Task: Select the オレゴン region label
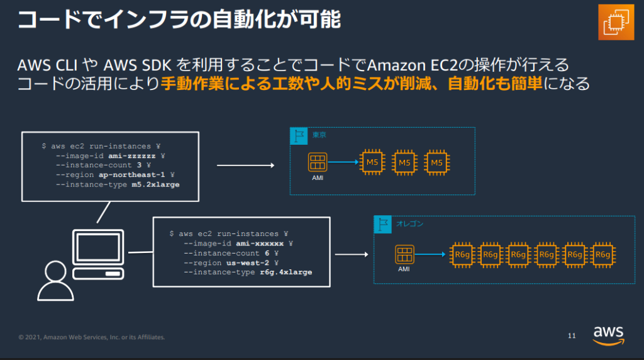point(410,223)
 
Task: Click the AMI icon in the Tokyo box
point(318,162)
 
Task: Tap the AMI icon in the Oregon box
point(404,254)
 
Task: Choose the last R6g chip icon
point(602,254)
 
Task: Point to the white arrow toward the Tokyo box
point(245,166)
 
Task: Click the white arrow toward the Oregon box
point(351,255)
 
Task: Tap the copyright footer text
point(91,337)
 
